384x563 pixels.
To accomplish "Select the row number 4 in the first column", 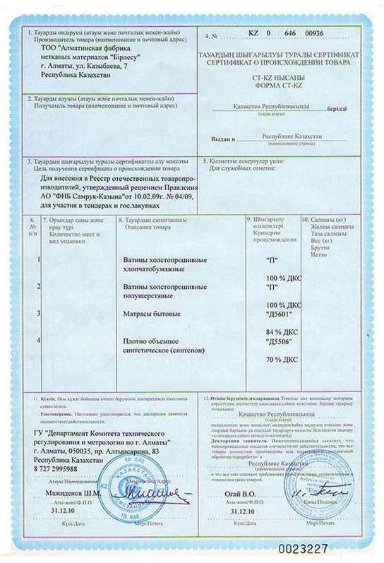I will pyautogui.click(x=38, y=340).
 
